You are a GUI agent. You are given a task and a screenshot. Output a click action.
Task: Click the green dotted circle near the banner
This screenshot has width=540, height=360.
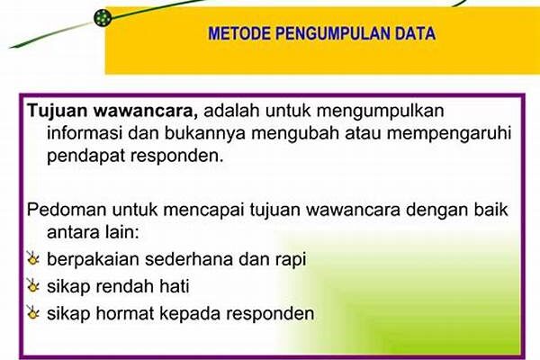click(x=103, y=18)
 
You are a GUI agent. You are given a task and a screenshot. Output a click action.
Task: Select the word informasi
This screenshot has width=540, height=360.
click(x=85, y=133)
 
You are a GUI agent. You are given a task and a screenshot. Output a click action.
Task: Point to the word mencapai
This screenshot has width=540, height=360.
click(x=204, y=211)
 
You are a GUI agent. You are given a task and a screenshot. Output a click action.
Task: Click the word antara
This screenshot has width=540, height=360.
click(x=71, y=232)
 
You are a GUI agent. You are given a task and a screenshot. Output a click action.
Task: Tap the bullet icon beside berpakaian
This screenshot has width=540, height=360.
click(x=33, y=258)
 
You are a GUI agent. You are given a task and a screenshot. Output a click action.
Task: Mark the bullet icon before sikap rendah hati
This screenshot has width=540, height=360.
click(x=33, y=286)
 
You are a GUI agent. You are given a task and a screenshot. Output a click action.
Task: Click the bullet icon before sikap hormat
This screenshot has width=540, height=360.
click(x=33, y=313)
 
